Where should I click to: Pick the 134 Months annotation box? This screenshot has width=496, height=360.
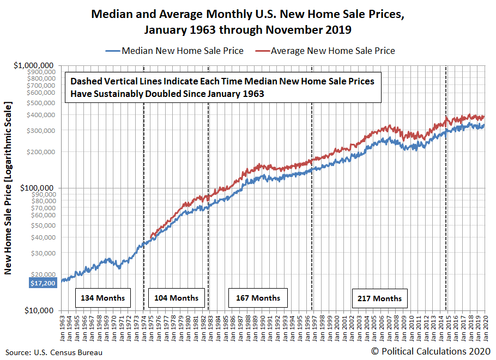point(102,298)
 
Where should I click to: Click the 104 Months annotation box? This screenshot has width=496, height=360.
point(177,298)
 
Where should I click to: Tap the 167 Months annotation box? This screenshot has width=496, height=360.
point(258,298)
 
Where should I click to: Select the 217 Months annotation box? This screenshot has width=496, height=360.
point(379,298)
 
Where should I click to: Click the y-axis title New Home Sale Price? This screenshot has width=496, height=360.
point(9,188)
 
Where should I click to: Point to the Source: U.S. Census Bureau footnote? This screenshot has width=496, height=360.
point(54,352)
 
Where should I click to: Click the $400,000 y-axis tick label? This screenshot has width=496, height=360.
point(40,114)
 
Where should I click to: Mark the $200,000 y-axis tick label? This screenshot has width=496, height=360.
point(40,151)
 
